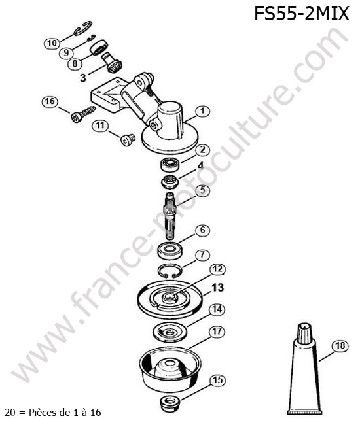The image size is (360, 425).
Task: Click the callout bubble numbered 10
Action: [x=52, y=42]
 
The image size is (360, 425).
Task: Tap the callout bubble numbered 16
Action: [x=50, y=101]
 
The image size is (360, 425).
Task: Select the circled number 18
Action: [x=340, y=345]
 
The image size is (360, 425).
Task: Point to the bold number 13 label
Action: [x=217, y=287]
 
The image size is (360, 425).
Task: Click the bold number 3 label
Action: [x=83, y=78]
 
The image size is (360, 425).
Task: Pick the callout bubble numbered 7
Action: [x=203, y=254]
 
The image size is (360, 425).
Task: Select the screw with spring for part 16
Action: [x=83, y=114]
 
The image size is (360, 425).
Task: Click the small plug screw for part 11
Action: [x=128, y=139]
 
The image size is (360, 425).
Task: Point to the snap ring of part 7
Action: [x=170, y=270]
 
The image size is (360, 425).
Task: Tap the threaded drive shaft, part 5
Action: [x=170, y=216]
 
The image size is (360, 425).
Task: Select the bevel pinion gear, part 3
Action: [x=111, y=63]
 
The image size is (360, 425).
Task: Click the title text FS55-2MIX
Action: [x=301, y=14]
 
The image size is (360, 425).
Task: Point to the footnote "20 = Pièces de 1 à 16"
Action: [x=53, y=413]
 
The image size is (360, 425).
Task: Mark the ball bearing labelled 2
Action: [x=170, y=165]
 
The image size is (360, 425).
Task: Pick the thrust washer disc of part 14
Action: [x=170, y=331]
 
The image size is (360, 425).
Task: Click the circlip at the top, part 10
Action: [x=83, y=28]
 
